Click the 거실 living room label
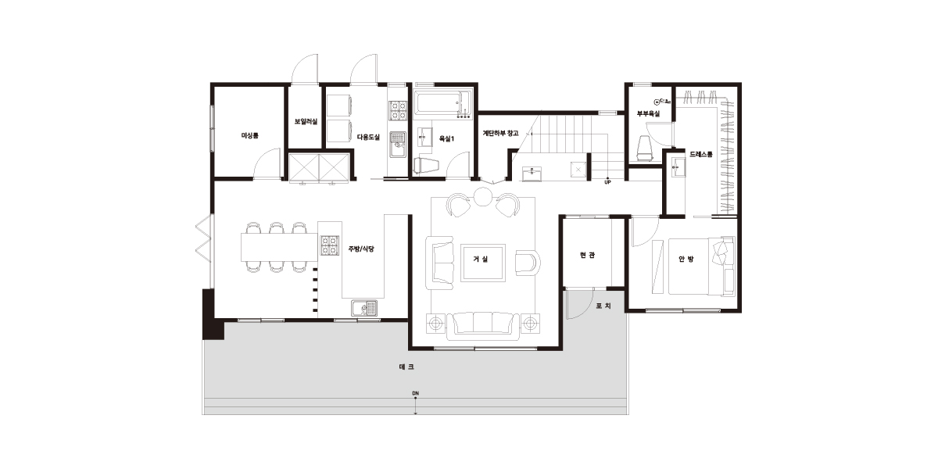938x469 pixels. [480, 260]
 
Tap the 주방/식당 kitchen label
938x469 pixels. [361, 249]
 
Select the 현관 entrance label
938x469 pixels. [587, 255]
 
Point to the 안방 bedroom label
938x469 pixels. [686, 260]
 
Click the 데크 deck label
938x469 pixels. [406, 367]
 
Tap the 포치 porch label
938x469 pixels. [603, 306]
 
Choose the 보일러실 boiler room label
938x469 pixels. [306, 121]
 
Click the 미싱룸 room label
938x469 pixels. [249, 136]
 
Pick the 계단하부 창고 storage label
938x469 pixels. [501, 133]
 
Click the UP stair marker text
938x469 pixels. [607, 182]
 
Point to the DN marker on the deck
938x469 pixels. [415, 393]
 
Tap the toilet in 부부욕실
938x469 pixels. [645, 149]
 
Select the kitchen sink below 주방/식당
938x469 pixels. [364, 308]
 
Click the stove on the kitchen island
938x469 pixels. [330, 245]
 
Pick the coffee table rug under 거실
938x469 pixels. [482, 263]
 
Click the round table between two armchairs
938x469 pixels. [482, 196]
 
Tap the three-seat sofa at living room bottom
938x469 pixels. [482, 325]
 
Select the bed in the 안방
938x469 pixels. [701, 267]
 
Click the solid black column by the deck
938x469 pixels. [213, 313]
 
